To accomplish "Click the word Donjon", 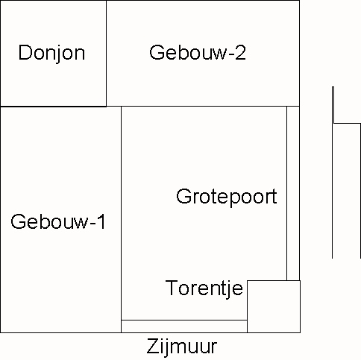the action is click(x=51, y=53).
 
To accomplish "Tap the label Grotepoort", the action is click(x=227, y=197).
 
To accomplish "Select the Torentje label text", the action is click(x=204, y=288).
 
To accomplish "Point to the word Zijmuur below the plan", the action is click(x=182, y=347).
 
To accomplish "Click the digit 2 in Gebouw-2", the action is click(x=240, y=52).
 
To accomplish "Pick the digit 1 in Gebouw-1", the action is click(x=101, y=221).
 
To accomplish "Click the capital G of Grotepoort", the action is click(x=183, y=196).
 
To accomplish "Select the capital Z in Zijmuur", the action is click(x=152, y=346).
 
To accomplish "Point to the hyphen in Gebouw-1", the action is click(x=92, y=224).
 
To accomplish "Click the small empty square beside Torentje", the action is click(x=274, y=306).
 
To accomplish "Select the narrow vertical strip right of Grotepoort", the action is click(x=293, y=193).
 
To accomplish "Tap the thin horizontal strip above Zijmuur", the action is click(x=184, y=326).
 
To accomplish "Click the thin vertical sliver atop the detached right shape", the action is click(x=333, y=105).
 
